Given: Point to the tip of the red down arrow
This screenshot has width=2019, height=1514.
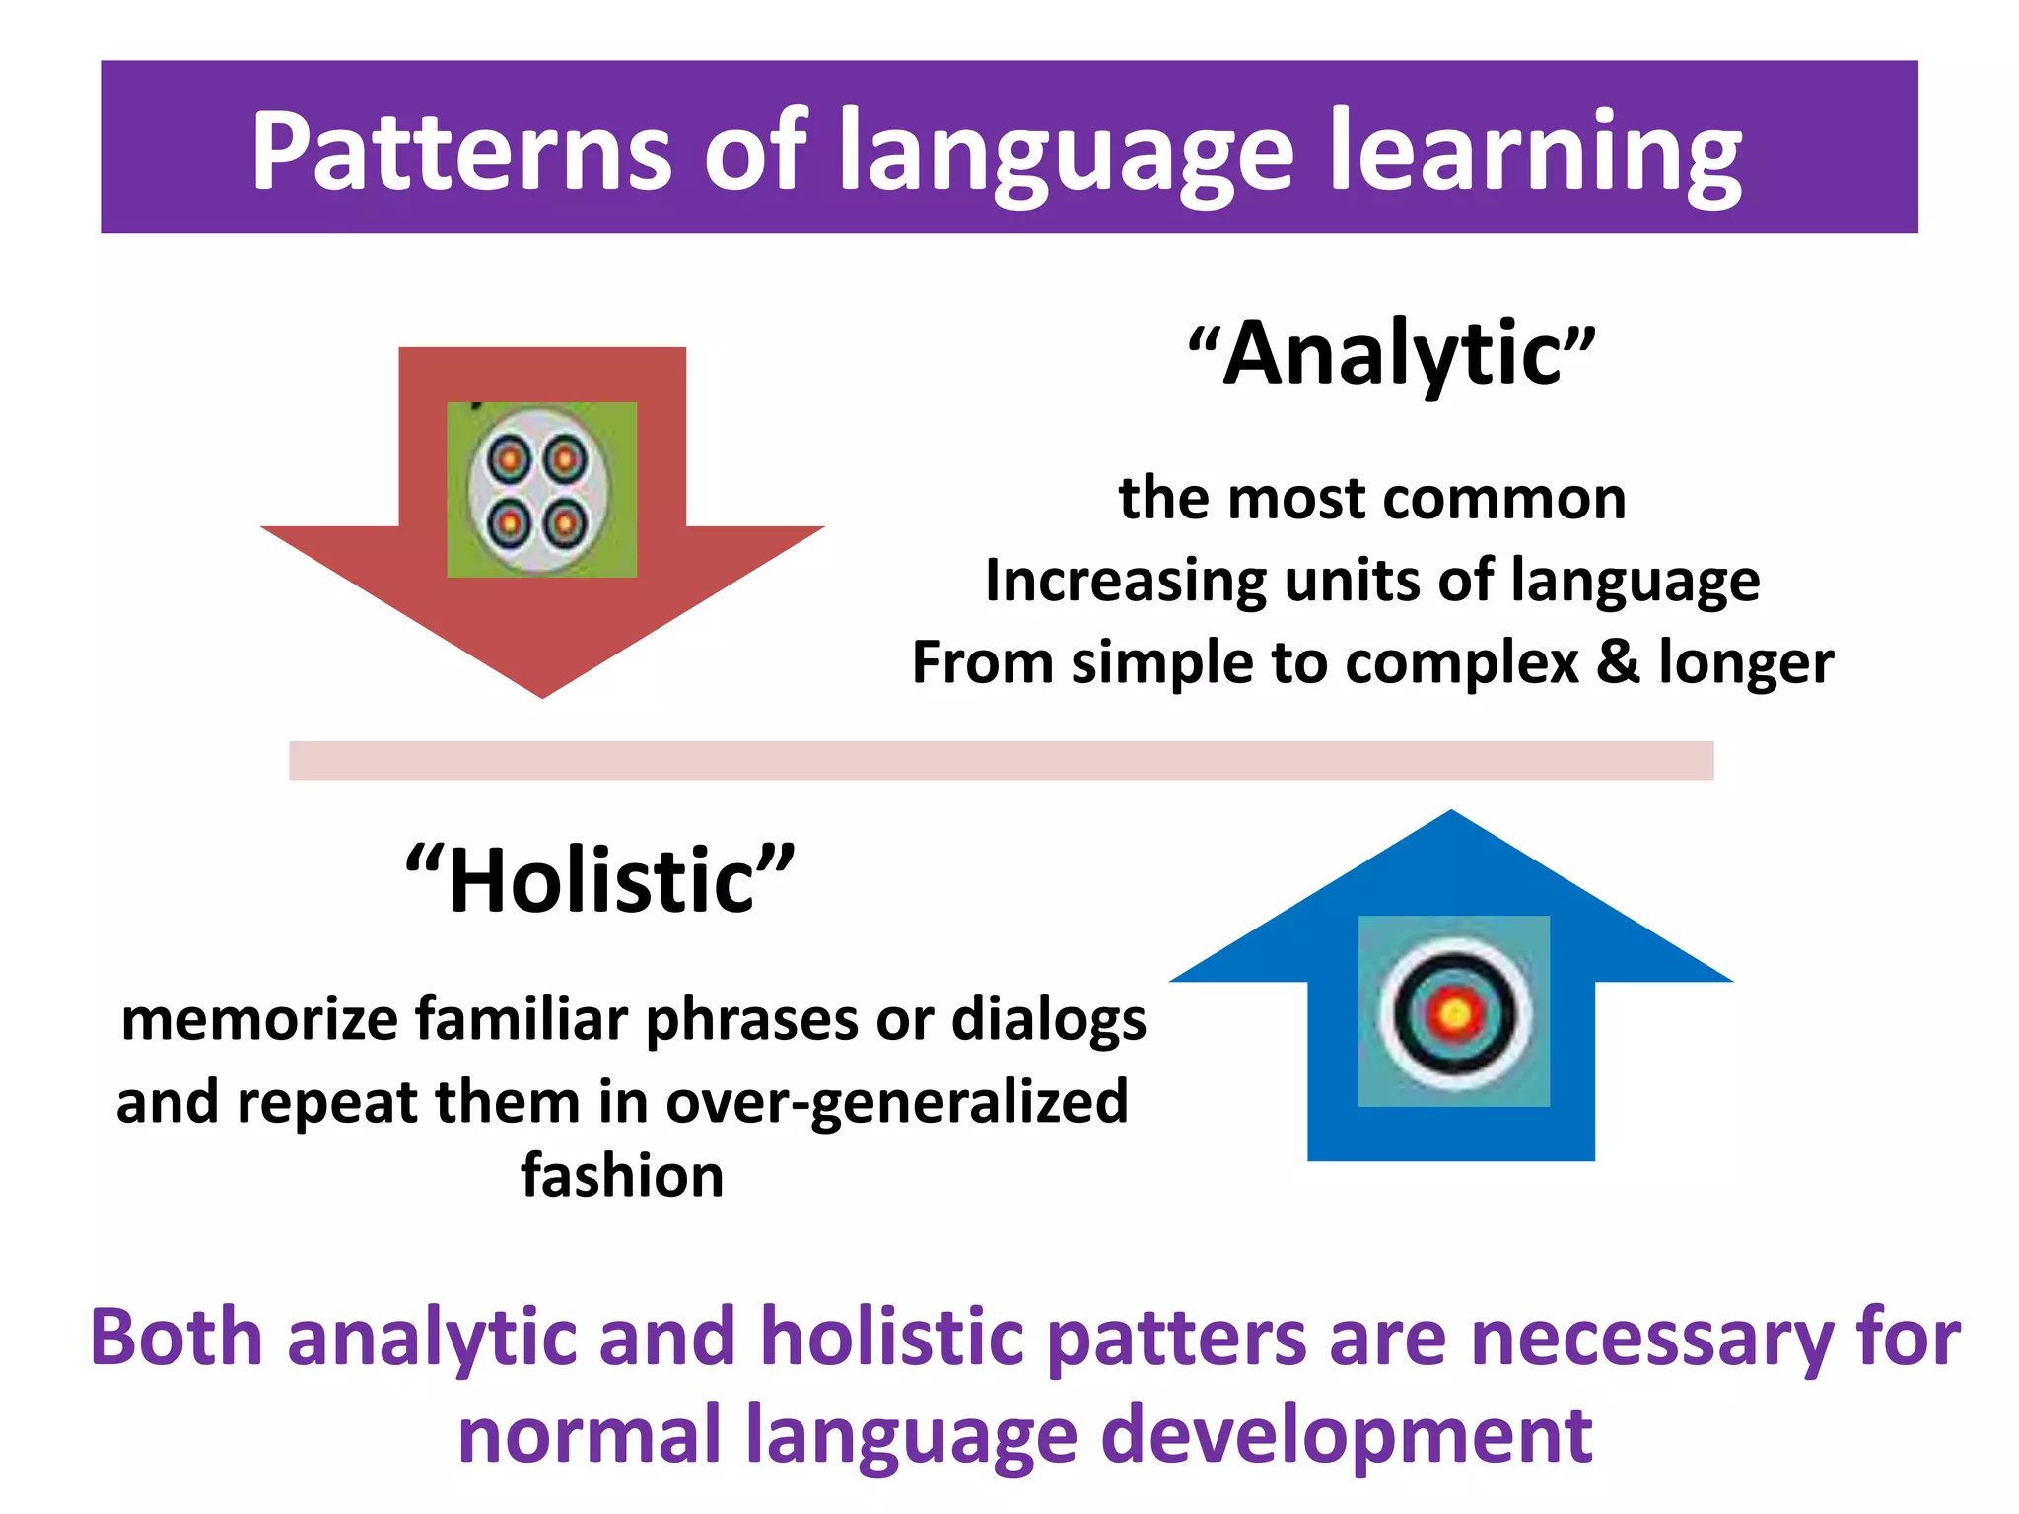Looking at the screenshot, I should (542, 695).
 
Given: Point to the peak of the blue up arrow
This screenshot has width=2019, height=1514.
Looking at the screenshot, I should (1451, 814).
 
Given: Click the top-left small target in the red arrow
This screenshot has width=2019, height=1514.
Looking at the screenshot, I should (511, 459).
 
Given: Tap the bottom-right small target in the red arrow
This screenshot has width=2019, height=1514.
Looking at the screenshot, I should (565, 522).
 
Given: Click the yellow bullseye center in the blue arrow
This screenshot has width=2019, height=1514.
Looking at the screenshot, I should (1455, 1012).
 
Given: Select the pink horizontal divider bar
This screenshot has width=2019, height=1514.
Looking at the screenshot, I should (1001, 760).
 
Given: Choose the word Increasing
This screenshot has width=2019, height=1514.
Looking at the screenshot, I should (1125, 581).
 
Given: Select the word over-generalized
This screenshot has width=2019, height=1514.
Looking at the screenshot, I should (897, 1102).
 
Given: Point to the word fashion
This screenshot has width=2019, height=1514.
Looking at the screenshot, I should (622, 1176).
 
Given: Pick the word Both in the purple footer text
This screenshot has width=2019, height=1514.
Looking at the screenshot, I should (176, 1339).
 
